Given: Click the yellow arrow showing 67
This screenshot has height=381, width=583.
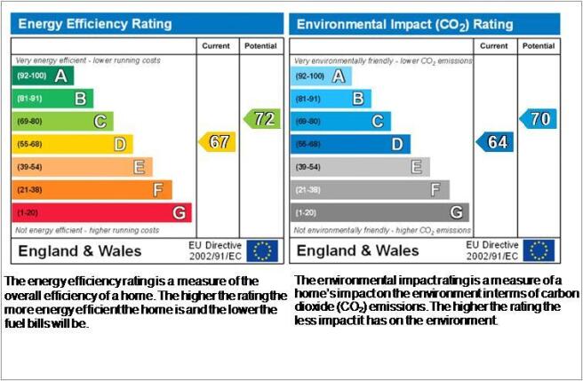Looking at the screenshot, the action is pyautogui.click(x=218, y=142).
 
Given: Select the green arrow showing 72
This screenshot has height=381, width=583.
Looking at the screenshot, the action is pyautogui.click(x=262, y=119).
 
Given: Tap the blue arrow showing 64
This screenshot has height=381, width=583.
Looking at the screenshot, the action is pyautogui.click(x=495, y=142).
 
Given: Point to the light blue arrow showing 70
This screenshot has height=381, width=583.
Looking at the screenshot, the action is pyautogui.click(x=539, y=119).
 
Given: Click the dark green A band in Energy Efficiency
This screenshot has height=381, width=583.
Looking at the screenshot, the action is pyautogui.click(x=43, y=75).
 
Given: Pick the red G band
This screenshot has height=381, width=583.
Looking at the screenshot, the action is pyautogui.click(x=102, y=212).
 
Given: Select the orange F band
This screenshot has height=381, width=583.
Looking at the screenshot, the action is pyautogui.click(x=92, y=190).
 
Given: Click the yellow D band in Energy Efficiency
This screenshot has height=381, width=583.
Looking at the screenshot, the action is pyautogui.click(x=73, y=144).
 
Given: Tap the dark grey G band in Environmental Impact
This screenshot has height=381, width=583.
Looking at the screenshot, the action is pyautogui.click(x=379, y=212).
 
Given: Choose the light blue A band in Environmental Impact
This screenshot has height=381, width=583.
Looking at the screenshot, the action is pyautogui.click(x=321, y=76).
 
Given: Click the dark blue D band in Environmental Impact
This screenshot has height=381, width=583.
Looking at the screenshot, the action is pyautogui.click(x=350, y=144).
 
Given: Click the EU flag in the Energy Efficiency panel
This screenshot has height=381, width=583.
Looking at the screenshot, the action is pyautogui.click(x=262, y=251).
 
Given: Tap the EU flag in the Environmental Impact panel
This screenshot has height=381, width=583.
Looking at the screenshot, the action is pyautogui.click(x=539, y=250).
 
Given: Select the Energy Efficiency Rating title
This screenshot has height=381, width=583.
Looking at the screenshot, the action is pyautogui.click(x=95, y=24).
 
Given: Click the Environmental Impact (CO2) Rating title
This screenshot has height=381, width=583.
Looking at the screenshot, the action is pyautogui.click(x=405, y=25).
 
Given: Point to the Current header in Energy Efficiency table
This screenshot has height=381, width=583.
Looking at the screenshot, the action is pyautogui.click(x=216, y=46).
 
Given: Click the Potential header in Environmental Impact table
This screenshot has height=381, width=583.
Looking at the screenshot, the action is pyautogui.click(x=539, y=46).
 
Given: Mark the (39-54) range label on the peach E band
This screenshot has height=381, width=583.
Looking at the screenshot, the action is pyautogui.click(x=29, y=167).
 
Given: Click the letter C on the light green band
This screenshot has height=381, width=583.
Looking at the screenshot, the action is pyautogui.click(x=100, y=122).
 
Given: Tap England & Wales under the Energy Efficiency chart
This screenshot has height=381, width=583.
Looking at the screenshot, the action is pyautogui.click(x=80, y=251).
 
